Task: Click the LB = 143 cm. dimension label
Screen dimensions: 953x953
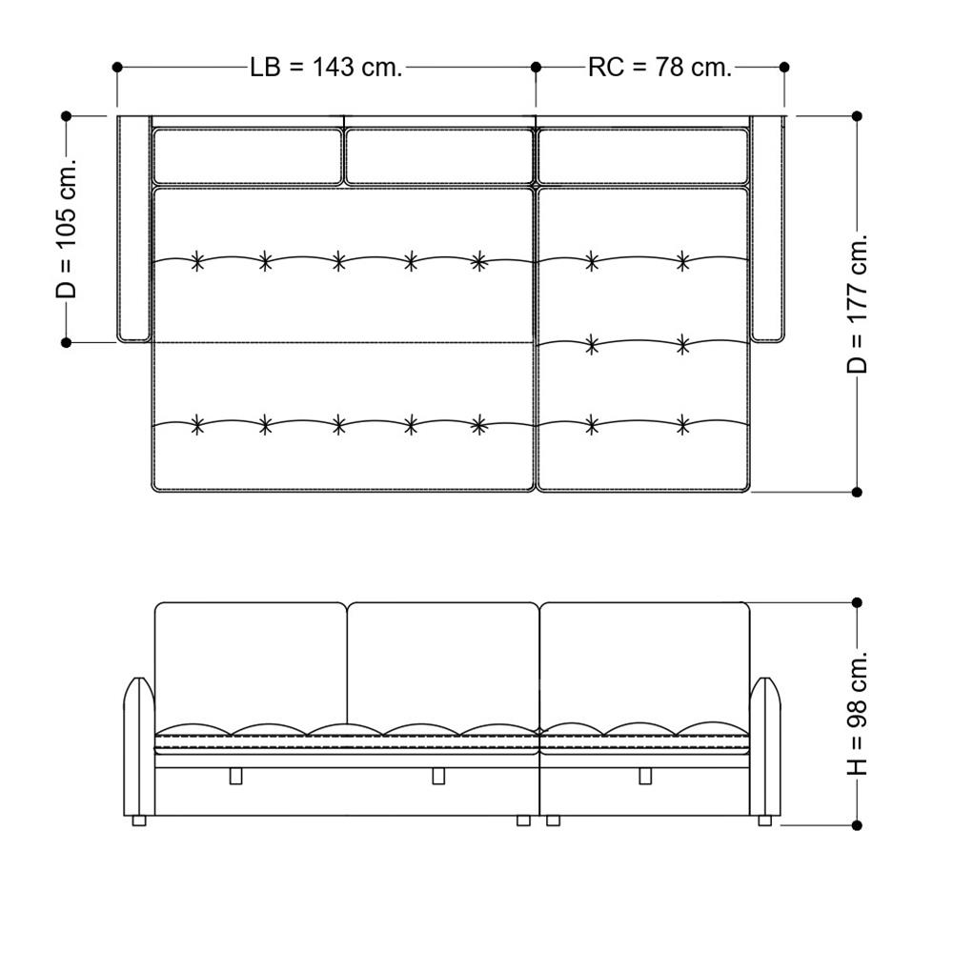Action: click(326, 67)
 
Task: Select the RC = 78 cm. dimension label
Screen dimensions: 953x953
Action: click(660, 67)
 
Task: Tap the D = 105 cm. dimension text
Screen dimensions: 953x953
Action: click(67, 229)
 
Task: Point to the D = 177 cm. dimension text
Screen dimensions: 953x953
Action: click(857, 303)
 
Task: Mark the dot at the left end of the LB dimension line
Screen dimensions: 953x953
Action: click(117, 67)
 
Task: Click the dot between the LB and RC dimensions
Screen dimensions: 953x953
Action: click(536, 67)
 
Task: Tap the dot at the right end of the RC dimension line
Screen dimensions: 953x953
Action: click(784, 67)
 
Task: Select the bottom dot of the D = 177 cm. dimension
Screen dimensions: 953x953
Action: click(857, 492)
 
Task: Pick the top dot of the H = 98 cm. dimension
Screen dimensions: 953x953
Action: click(857, 602)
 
